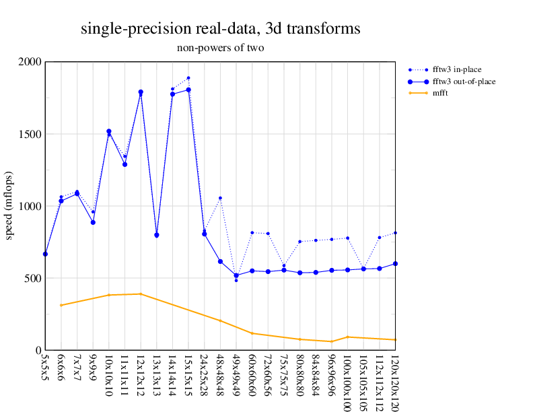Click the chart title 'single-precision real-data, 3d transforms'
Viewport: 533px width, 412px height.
(x=220, y=29)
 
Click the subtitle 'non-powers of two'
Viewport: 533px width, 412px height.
(x=220, y=48)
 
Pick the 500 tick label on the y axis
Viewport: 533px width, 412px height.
(x=34, y=279)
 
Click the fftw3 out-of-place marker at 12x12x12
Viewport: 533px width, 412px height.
(x=141, y=92)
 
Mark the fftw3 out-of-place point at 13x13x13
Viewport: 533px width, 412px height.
(x=157, y=235)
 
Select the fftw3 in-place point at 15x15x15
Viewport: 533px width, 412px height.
(x=188, y=78)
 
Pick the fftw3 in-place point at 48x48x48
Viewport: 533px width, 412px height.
(x=220, y=198)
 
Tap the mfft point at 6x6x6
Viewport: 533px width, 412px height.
(x=61, y=306)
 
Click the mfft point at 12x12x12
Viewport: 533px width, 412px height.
(x=141, y=294)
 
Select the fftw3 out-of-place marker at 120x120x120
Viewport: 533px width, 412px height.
(x=395, y=264)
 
